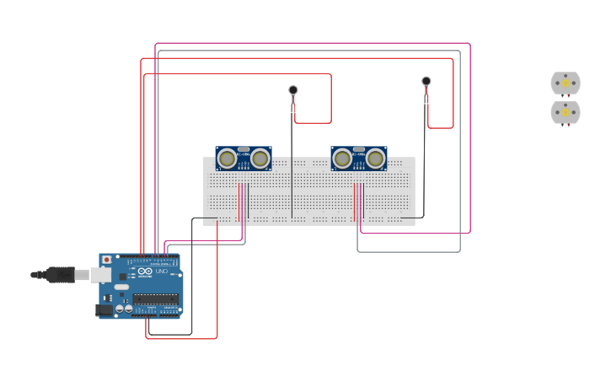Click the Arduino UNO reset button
pyautogui.click(x=106, y=260)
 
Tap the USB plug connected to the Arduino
pyautogui.click(x=59, y=274)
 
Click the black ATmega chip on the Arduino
pyautogui.click(x=155, y=299)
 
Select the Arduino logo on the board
pyautogui.click(x=145, y=272)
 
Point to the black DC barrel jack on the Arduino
pyautogui.click(x=105, y=309)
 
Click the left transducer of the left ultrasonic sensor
pyautogui.click(x=227, y=159)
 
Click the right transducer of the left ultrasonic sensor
pyautogui.click(x=260, y=159)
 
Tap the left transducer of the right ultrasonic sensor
pyautogui.click(x=342, y=159)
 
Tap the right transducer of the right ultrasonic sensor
pyautogui.click(x=376, y=159)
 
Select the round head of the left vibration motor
pyautogui.click(x=293, y=90)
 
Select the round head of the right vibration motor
pyautogui.click(x=426, y=81)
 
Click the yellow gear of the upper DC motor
pyautogui.click(x=565, y=83)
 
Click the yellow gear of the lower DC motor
pyautogui.click(x=565, y=111)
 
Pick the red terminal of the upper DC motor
pyautogui.click(x=568, y=97)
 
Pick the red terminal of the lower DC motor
pyautogui.click(x=568, y=126)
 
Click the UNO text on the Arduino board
pyautogui.click(x=161, y=272)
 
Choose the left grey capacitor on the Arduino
pyautogui.click(x=120, y=308)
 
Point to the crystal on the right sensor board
pyautogui.click(x=359, y=149)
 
